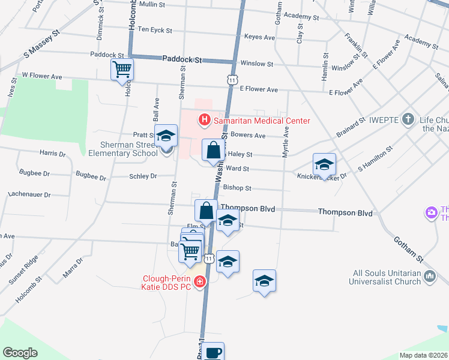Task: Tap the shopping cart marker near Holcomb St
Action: tap(122, 69)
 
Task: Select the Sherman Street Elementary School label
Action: tap(122, 149)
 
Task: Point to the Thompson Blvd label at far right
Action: tap(345, 212)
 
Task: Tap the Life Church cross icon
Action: tap(408, 119)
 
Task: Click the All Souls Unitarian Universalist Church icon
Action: tap(430, 276)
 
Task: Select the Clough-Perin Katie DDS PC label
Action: tap(166, 283)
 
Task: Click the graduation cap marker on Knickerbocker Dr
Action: tap(324, 164)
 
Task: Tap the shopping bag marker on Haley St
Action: tap(214, 151)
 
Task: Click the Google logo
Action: tap(20, 352)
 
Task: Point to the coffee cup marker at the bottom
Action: tap(212, 352)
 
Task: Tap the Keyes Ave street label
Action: tap(259, 37)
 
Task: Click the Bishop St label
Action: tap(237, 188)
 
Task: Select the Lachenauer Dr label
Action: tap(30, 194)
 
